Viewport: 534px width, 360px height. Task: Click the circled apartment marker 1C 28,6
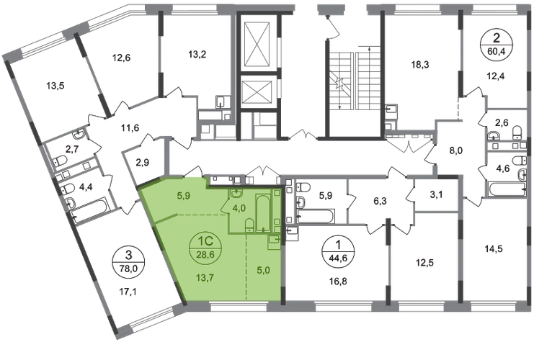205,248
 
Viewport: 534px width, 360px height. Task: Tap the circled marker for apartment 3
129,261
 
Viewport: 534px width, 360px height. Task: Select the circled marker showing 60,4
497,45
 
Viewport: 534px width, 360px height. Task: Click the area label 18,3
420,64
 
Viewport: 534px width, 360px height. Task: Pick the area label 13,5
55,86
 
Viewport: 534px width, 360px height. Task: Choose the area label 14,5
494,248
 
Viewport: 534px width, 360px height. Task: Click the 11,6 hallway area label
130,128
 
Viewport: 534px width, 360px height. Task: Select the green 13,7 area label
205,278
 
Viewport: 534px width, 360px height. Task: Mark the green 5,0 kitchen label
263,271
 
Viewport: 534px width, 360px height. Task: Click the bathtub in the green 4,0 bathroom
262,212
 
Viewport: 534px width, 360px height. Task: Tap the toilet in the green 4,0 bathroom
249,225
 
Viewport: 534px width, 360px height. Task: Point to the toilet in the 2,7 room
61,161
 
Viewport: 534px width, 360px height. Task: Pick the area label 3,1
436,194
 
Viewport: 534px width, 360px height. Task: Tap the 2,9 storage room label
143,163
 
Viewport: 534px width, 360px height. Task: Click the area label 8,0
456,150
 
